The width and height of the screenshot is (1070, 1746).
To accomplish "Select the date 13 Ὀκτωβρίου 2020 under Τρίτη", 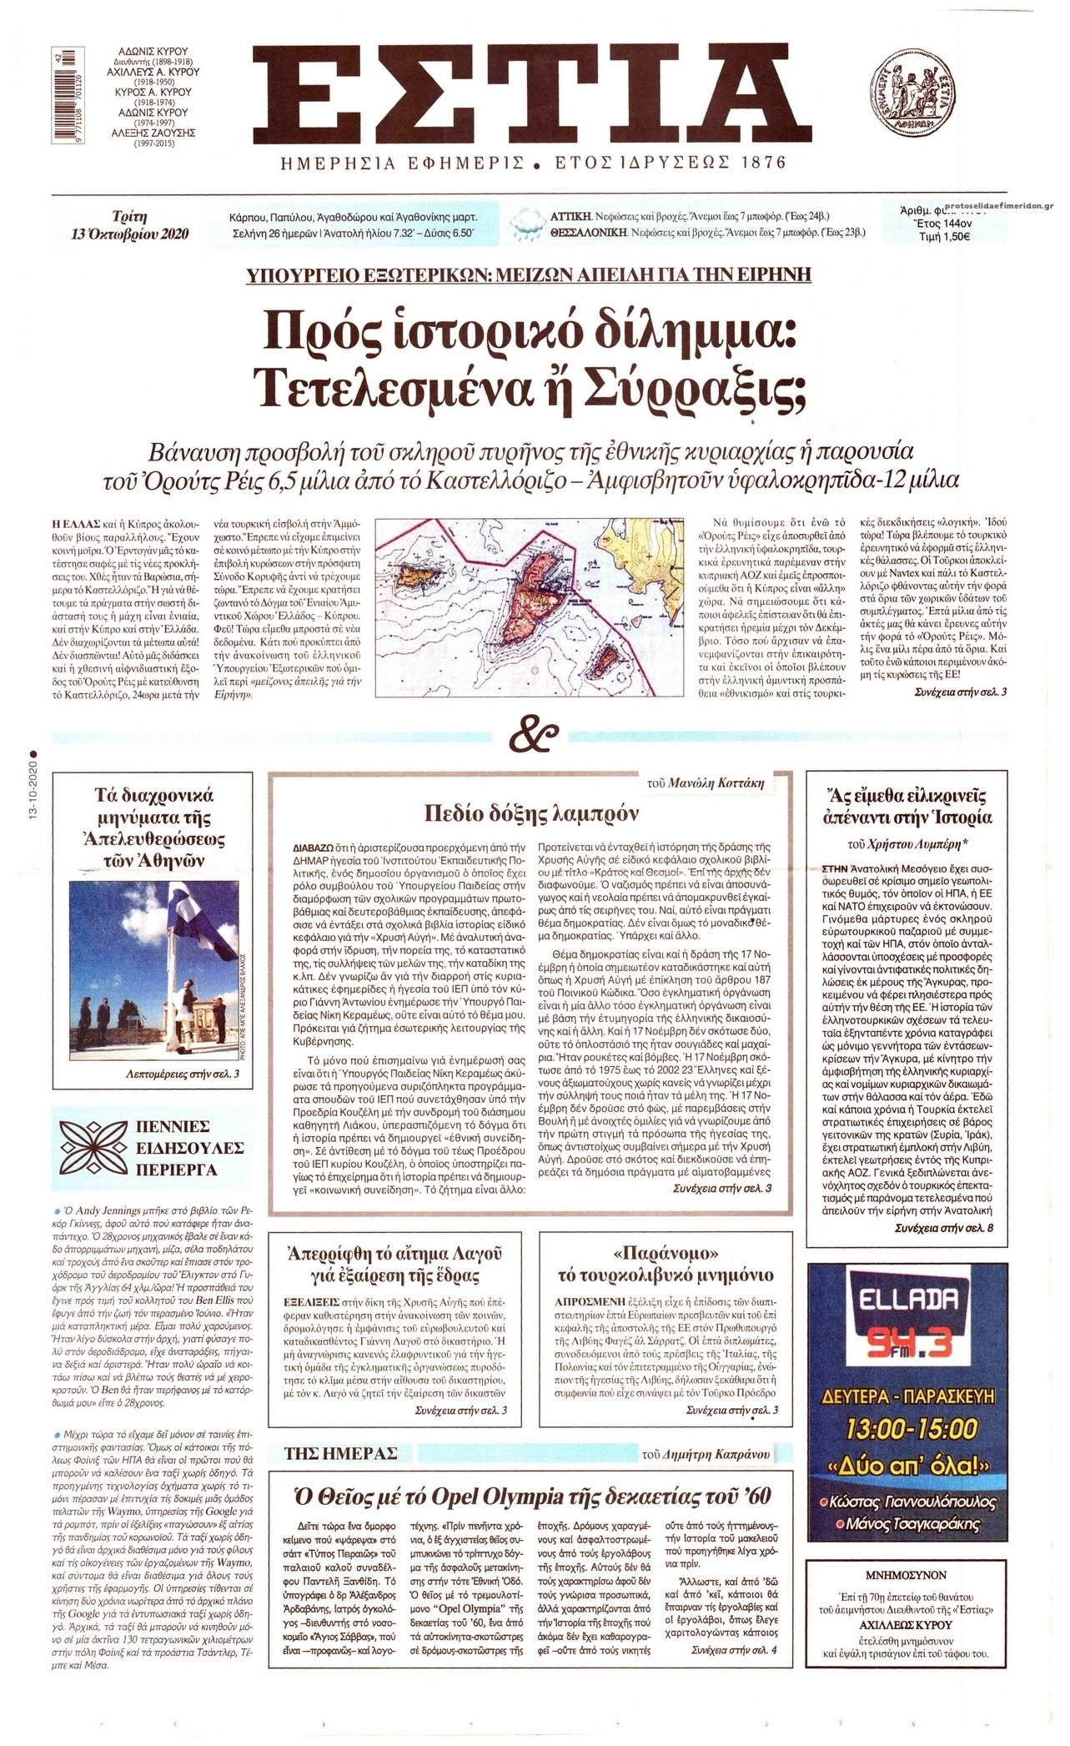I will pos(131,233).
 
